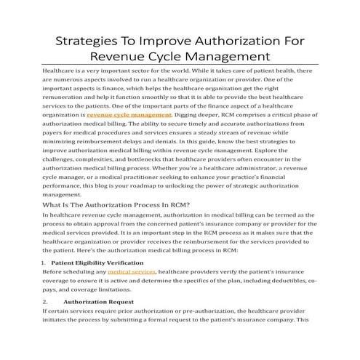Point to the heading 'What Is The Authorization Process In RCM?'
[117, 205]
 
